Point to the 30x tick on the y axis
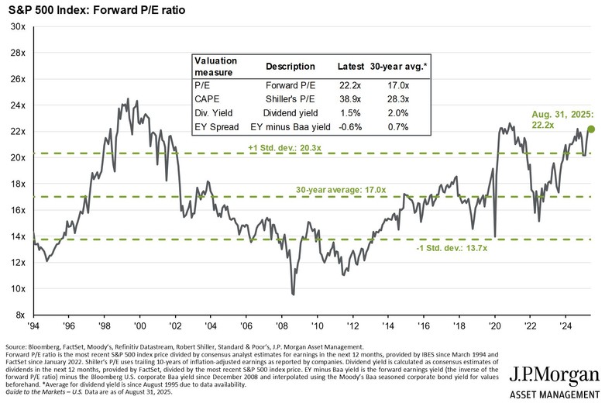click(17, 26)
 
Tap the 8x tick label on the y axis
click(19, 315)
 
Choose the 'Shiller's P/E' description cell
click(291, 98)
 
